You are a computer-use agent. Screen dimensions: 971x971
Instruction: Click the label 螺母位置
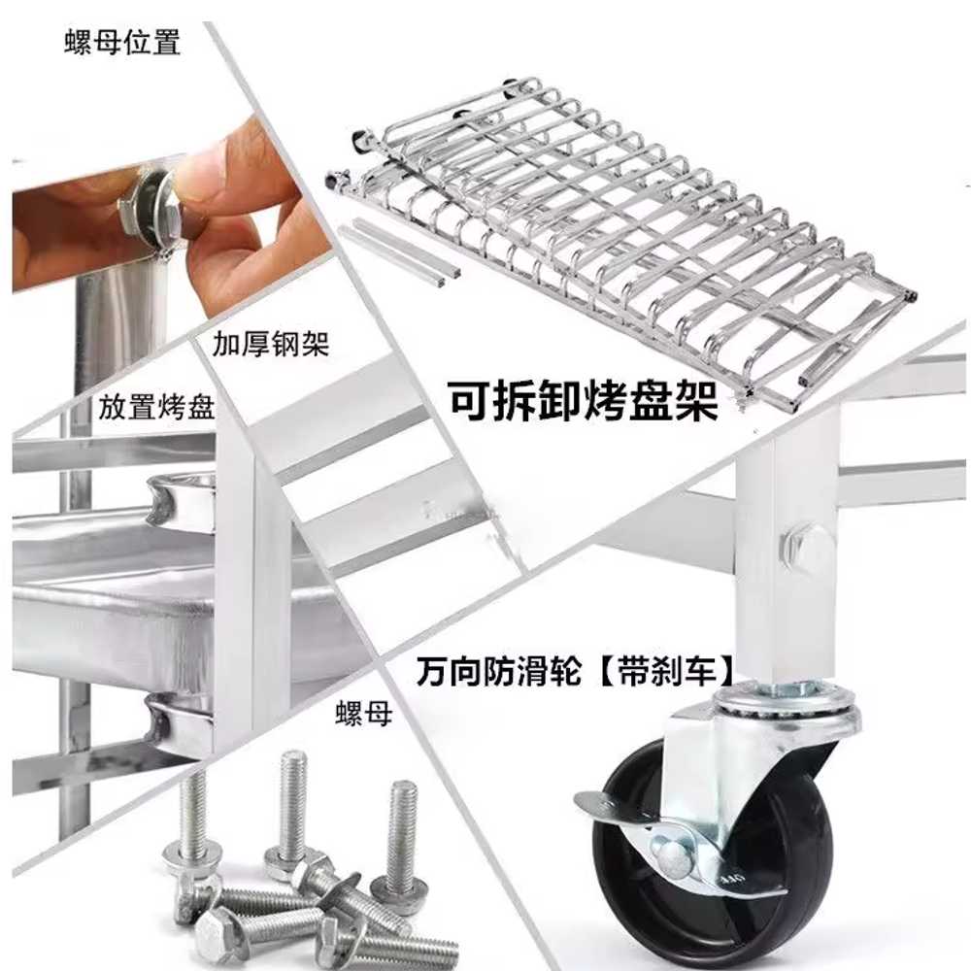[x=122, y=43]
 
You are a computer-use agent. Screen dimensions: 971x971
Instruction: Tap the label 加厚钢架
[x=271, y=344]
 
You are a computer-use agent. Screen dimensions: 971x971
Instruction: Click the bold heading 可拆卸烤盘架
[x=583, y=400]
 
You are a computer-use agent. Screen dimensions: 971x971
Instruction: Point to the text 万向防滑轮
[x=499, y=671]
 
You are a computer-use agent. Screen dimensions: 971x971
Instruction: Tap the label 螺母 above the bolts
[x=364, y=714]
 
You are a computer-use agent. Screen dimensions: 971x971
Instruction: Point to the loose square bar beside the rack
[x=399, y=251]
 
